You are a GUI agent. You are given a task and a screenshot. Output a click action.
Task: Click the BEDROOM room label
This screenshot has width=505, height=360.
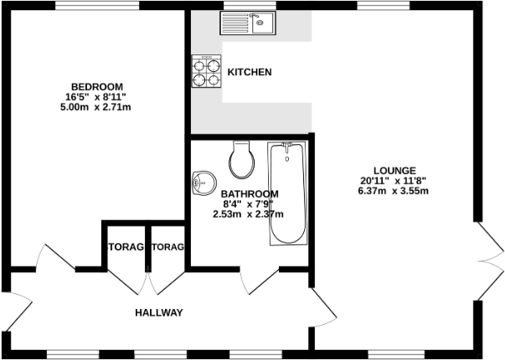point(97,87)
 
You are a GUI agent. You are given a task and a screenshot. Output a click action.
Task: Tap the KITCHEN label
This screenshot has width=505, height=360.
point(250,73)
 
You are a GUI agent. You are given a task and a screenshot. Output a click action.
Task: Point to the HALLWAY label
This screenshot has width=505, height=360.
point(158,313)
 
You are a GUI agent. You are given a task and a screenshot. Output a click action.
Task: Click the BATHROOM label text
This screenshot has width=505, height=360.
point(250,193)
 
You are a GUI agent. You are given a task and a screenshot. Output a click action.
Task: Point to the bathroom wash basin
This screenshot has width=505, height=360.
point(203,182)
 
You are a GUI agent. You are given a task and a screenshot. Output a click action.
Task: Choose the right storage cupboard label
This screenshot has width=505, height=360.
point(167,247)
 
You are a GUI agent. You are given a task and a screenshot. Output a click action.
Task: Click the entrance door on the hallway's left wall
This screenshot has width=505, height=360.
point(18,311)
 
